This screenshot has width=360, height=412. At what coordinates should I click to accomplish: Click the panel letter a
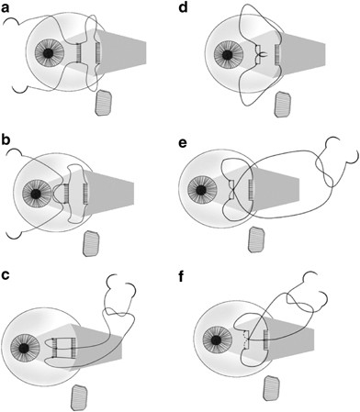(x=6, y=7)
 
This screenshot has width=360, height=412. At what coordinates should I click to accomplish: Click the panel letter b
(x=6, y=141)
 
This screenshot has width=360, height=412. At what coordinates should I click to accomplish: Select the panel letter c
(x=6, y=275)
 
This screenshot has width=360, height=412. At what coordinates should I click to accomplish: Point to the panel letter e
(x=183, y=142)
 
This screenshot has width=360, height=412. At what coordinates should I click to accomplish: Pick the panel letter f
(x=182, y=277)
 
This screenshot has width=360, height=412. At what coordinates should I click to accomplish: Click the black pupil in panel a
(x=48, y=54)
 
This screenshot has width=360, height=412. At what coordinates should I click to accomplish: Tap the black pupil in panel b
(x=36, y=194)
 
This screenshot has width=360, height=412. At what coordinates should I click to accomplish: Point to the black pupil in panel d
(x=227, y=55)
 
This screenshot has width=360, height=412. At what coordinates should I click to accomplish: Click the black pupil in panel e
(x=201, y=190)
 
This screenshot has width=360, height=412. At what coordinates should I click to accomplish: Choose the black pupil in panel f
(x=216, y=340)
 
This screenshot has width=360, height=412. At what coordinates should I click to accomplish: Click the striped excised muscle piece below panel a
(x=105, y=103)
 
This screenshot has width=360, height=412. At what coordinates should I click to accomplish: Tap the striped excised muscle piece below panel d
(x=283, y=105)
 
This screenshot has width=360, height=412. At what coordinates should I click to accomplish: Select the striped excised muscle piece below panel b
(x=91, y=243)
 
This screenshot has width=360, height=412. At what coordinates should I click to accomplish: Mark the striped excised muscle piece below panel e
(x=256, y=239)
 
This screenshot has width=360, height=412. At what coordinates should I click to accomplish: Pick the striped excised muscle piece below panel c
(x=79, y=397)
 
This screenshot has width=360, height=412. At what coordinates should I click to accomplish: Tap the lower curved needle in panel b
(x=14, y=237)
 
